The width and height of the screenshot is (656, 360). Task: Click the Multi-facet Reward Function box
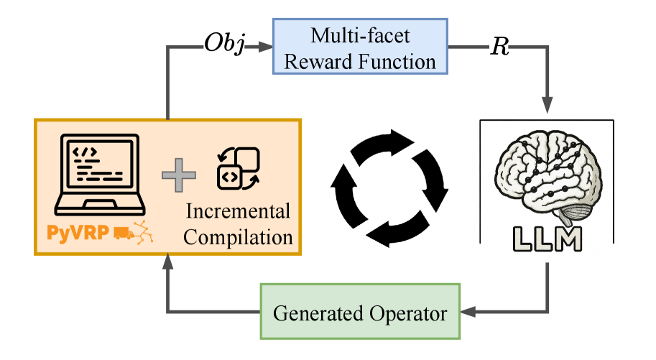click(x=360, y=47)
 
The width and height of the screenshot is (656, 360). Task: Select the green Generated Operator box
click(x=360, y=313)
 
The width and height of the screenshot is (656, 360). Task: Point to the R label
click(x=499, y=47)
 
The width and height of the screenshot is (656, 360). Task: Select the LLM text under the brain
click(x=547, y=238)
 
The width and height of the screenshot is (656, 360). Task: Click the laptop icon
click(x=100, y=172)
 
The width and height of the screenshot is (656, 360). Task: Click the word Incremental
click(x=238, y=211)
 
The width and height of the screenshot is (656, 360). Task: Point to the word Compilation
click(x=238, y=236)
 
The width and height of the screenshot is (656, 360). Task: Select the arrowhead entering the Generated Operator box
click(x=468, y=313)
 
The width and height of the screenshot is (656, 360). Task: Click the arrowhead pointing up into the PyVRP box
click(x=167, y=262)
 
